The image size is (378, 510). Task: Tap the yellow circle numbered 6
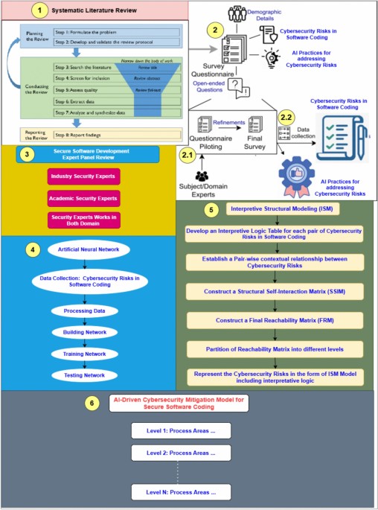pyautogui.click(x=91, y=403)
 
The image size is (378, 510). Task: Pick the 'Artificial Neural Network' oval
pyautogui.click(x=89, y=249)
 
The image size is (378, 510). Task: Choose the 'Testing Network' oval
pyautogui.click(x=89, y=374)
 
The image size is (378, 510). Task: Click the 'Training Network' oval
pyautogui.click(x=89, y=353)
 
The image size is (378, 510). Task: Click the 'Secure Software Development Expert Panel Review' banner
pyautogui.click(x=88, y=154)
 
